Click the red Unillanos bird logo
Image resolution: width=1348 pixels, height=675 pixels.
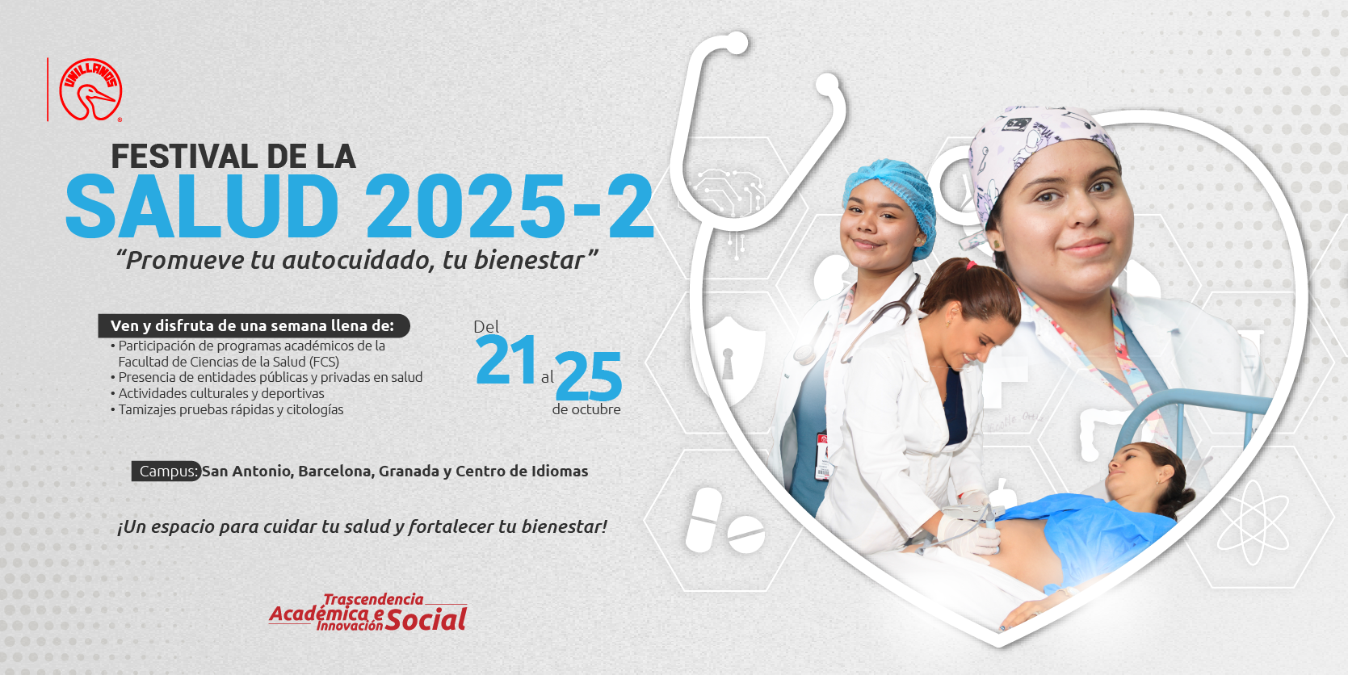point(90,90)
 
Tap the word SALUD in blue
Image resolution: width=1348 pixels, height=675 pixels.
point(202,207)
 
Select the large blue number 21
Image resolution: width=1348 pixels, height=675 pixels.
point(506,361)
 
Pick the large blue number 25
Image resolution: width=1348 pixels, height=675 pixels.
point(589,377)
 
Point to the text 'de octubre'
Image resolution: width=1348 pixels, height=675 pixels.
point(586,410)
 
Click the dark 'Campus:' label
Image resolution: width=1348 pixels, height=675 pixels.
point(167,472)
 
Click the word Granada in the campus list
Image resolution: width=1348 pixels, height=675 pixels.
point(409,472)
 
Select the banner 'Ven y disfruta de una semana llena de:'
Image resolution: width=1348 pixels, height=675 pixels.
point(253,326)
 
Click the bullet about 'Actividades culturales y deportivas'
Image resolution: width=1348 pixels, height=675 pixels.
point(220,394)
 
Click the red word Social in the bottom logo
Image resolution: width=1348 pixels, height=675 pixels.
point(426,620)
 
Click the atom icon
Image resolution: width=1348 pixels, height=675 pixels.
point(1252,522)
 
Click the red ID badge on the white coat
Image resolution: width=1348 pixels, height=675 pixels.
point(823,457)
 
